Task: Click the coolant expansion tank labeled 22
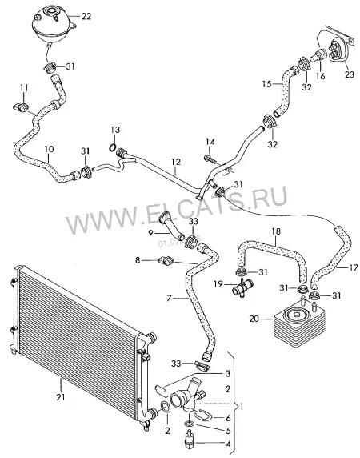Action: coord(53,26)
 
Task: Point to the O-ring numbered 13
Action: coord(112,148)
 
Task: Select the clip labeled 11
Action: coord(22,107)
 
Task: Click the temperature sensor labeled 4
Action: coord(190,437)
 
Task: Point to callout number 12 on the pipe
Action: coord(176,162)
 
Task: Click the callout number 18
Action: coord(276,231)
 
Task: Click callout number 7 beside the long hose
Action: coord(169,298)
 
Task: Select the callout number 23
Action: coord(350,74)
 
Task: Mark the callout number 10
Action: coord(50,149)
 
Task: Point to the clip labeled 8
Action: coord(166,259)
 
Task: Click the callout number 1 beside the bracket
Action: coord(241,406)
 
